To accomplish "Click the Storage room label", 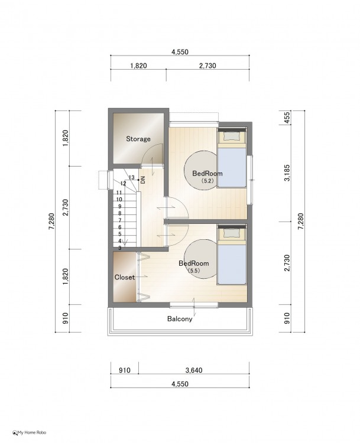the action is [x=138, y=139].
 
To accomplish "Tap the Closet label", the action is [x=124, y=278].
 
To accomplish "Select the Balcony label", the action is [x=180, y=319].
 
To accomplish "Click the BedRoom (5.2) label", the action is [x=207, y=177].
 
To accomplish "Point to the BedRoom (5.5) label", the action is [x=194, y=266].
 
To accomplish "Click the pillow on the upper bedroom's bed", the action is [x=232, y=137].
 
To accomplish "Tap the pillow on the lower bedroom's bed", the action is [x=232, y=233].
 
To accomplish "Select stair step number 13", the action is [x=131, y=177].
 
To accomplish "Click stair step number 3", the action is [x=120, y=248].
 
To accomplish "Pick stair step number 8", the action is [x=120, y=214].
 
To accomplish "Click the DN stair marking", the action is [x=143, y=180].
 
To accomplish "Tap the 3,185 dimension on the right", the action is [x=287, y=173].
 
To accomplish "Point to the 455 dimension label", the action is [x=287, y=118].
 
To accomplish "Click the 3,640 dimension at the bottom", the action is [x=194, y=370].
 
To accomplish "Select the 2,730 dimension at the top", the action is [x=207, y=66].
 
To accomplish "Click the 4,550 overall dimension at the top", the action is [x=180, y=52].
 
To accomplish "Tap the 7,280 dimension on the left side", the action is [x=51, y=221].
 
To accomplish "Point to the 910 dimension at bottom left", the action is [x=124, y=370].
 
